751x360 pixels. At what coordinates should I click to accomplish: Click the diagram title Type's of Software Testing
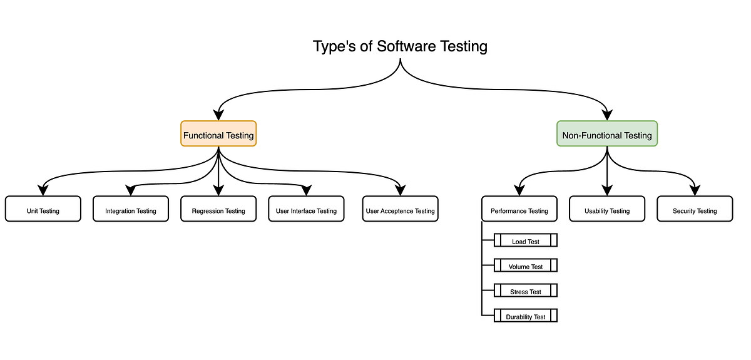coord(400,47)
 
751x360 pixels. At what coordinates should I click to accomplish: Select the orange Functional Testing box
coord(218,134)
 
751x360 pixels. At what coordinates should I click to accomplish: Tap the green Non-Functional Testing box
coord(607,134)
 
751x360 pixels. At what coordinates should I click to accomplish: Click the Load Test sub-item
coord(526,240)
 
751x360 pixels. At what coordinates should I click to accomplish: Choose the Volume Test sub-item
coord(526,265)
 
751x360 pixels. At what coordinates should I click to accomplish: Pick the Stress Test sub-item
coord(526,291)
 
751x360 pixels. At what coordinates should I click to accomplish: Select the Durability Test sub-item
coord(526,316)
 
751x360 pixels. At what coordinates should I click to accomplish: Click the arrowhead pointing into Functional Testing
coord(218,115)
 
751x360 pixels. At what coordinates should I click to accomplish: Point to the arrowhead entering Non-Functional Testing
coord(607,115)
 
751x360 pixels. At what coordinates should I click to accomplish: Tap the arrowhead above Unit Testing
coord(43,190)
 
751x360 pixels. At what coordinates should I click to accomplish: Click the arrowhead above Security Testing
coord(695,190)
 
